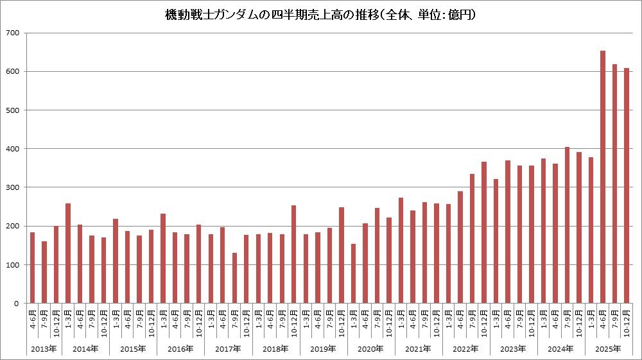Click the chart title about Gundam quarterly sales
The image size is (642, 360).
tap(320, 14)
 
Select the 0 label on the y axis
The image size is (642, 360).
tap(17, 304)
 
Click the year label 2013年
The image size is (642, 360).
tap(39, 349)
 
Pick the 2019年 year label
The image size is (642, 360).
tap(323, 349)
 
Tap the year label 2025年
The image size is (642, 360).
tap(609, 349)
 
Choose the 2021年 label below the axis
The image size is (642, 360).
tap(418, 349)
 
